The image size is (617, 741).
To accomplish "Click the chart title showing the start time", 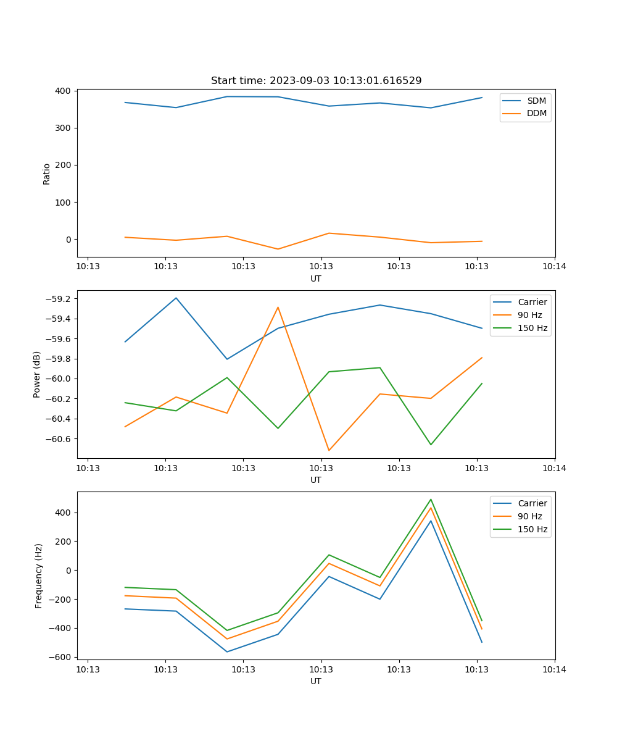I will [x=316, y=81].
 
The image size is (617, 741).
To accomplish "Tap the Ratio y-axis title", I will [x=47, y=174].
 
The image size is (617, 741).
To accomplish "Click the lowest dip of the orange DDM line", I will [x=278, y=249].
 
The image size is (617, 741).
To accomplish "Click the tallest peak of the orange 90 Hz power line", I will [x=278, y=307].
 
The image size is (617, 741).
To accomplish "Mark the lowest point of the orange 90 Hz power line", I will [x=329, y=451].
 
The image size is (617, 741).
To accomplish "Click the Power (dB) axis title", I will [x=38, y=374].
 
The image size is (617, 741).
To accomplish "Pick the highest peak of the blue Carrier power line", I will [x=176, y=298].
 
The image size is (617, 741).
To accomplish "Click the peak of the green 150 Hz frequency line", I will [x=431, y=500].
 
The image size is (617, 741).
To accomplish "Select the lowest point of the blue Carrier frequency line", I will [x=227, y=652].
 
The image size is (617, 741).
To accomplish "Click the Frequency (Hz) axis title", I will [x=39, y=576].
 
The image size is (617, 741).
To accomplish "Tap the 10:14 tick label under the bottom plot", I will [x=554, y=669].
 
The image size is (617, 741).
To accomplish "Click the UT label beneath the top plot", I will [x=316, y=278].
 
